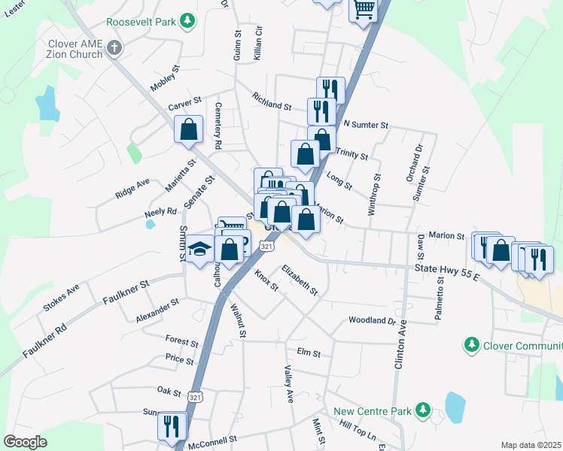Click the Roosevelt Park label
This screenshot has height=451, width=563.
coord(142,23)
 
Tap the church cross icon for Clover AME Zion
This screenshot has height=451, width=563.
coord(114,49)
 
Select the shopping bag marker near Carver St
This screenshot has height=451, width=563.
coord(188,129)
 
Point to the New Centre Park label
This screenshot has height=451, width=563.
coord(373,410)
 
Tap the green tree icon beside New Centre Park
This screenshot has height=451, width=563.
coord(423,410)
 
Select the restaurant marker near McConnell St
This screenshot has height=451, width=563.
coord(172,426)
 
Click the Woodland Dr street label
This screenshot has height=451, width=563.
coord(372,320)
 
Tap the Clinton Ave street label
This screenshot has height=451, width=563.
coord(400,347)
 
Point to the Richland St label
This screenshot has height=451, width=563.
coord(272,101)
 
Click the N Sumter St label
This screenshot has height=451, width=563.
coord(365,124)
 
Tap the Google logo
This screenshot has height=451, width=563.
coord(26,442)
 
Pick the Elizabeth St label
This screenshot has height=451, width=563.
coord(300,278)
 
